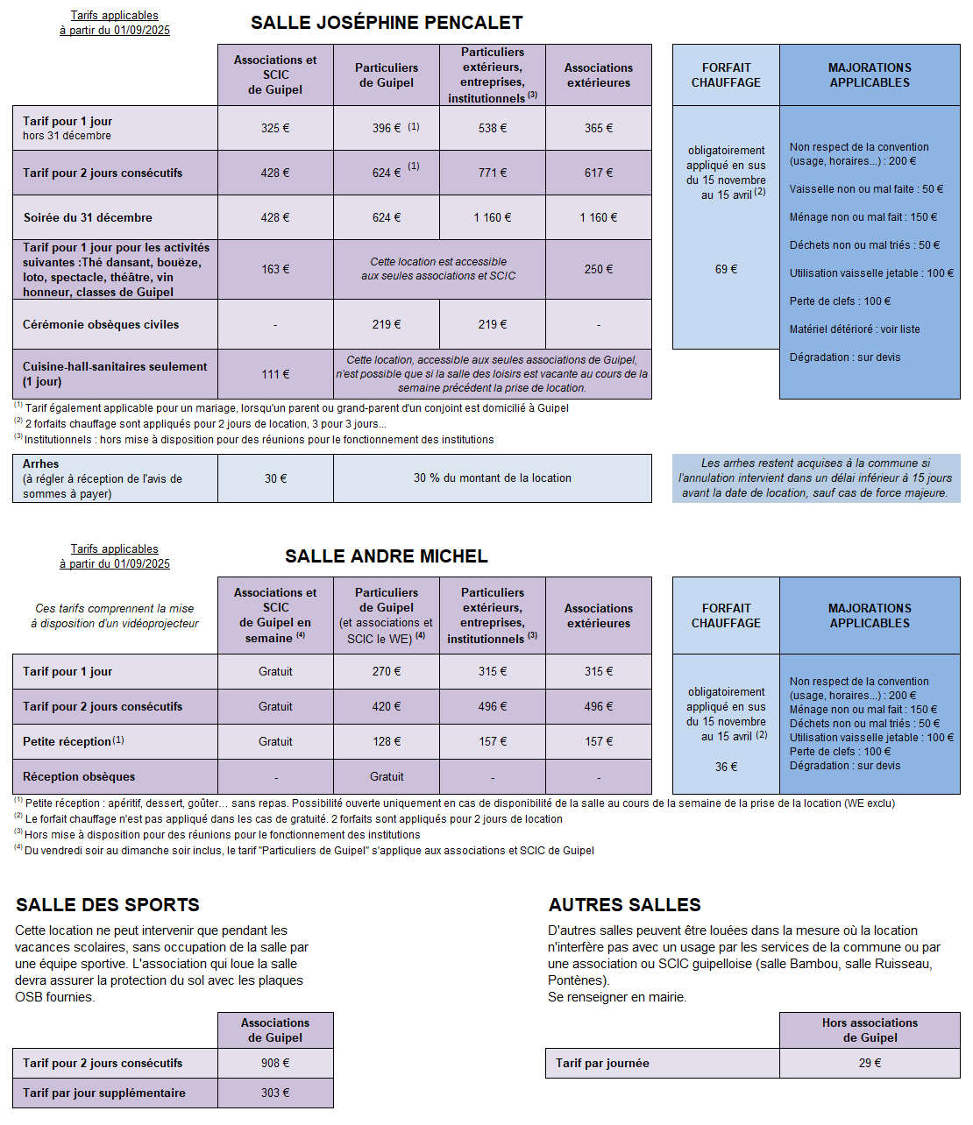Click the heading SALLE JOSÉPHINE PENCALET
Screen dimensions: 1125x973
(x=387, y=23)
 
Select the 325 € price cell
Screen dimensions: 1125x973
(x=275, y=128)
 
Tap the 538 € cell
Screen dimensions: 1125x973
(x=493, y=128)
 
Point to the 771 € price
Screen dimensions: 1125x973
(x=493, y=173)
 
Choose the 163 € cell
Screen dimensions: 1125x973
(x=275, y=269)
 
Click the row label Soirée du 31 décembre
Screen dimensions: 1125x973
(x=88, y=217)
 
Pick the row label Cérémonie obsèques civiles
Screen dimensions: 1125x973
(x=101, y=324)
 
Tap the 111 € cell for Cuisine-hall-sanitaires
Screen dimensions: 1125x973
(x=275, y=374)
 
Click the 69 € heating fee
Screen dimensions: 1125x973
(x=726, y=269)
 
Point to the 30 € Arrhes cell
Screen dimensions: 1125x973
(x=275, y=478)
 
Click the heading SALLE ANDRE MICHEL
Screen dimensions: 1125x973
(x=386, y=556)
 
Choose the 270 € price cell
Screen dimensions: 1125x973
(x=387, y=671)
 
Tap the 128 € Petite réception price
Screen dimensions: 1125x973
(x=387, y=741)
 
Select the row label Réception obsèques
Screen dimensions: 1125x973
(x=79, y=776)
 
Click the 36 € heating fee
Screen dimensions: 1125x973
(x=726, y=767)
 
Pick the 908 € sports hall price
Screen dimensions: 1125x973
(x=275, y=1063)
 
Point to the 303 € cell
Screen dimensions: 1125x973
(x=275, y=1093)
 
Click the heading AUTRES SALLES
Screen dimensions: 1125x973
(x=624, y=905)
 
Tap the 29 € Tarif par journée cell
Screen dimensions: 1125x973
(x=870, y=1063)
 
